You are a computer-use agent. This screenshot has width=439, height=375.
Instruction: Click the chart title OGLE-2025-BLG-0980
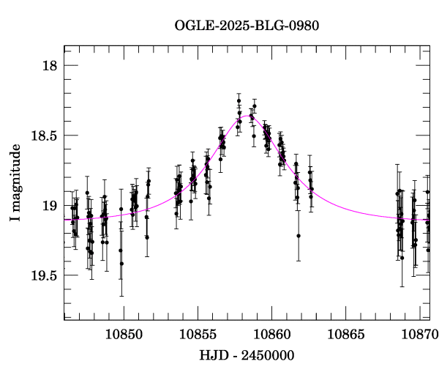[247, 26]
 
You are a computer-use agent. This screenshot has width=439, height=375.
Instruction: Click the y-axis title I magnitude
[15, 182]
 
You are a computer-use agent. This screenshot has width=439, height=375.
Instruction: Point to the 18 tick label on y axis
[49, 66]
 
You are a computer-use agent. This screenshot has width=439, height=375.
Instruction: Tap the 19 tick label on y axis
[49, 206]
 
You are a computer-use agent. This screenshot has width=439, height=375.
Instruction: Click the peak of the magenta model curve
[249, 115]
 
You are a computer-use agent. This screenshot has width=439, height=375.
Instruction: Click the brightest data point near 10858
[239, 100]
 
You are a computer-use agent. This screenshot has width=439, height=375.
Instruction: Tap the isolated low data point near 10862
[299, 236]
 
